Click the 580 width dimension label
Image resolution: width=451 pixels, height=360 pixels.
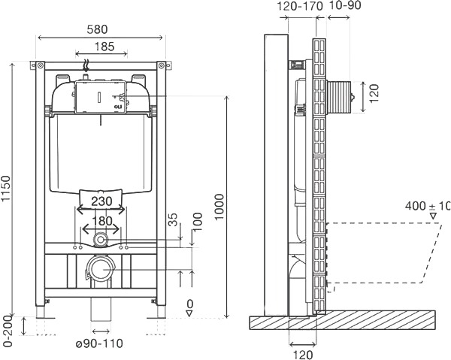[97, 29]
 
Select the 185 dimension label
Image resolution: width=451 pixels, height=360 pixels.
[104, 47]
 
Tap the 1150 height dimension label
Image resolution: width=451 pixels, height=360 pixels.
[6, 189]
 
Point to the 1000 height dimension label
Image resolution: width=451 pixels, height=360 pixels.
[219, 207]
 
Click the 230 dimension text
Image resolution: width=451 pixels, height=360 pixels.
[101, 201]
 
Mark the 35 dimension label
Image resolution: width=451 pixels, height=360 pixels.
[173, 219]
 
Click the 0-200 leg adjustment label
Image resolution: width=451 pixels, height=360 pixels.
[7, 331]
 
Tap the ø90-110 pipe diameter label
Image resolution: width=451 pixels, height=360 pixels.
[99, 343]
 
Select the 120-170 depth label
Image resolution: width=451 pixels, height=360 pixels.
[300, 6]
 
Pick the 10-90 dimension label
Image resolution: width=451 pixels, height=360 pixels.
[344, 5]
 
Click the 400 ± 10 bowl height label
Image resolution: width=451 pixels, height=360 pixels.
[428, 206]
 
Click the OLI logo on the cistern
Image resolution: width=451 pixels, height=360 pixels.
[118, 107]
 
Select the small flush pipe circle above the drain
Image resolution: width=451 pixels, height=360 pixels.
[100, 239]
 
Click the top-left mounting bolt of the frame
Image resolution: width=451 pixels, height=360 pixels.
[40, 65]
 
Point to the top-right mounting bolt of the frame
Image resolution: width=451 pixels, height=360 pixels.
[162, 65]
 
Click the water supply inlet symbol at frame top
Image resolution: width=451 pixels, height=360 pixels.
[85, 65]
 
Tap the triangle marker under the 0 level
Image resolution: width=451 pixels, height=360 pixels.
[189, 313]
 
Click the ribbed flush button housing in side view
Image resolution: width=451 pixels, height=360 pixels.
[338, 97]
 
